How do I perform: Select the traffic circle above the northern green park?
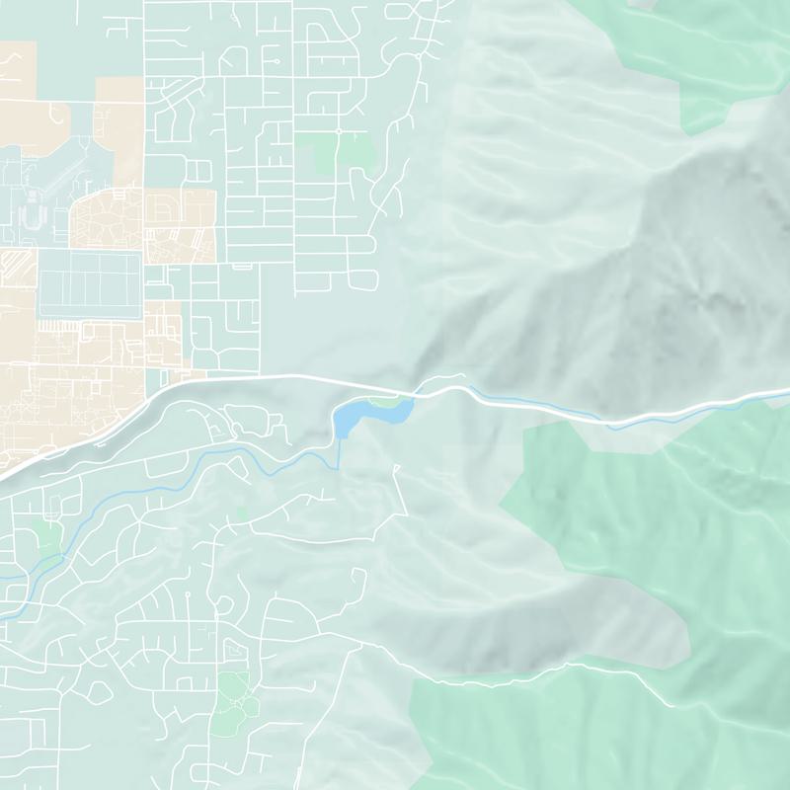point(338,130)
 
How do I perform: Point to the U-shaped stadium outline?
point(36,210)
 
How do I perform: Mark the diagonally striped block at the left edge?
point(18,265)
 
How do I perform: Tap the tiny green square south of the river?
point(241,513)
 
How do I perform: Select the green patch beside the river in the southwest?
point(47,538)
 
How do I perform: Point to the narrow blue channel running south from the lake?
point(339,454)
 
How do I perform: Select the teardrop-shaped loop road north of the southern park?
point(234,650)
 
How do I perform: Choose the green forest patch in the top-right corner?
point(731,59)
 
